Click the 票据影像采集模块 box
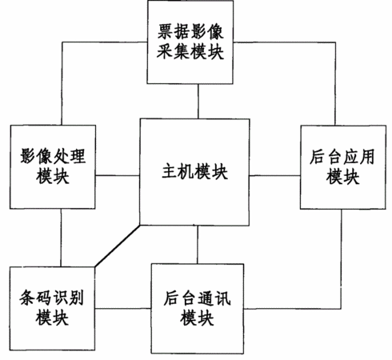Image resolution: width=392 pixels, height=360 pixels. pos(190,42)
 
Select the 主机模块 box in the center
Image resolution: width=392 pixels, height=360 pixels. pos(194,172)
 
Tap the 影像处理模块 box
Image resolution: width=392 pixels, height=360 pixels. pos(53,166)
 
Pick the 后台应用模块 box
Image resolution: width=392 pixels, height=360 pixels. pos(343,167)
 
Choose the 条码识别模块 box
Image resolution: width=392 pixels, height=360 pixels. pos(52,309)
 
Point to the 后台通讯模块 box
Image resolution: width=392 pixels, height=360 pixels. pos(198,309)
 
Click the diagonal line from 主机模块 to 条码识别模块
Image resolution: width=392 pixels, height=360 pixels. pos(118,246)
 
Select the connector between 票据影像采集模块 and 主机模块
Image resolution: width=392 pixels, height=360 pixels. pos(198,102)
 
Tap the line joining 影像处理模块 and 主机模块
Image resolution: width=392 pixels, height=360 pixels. pos(118,175)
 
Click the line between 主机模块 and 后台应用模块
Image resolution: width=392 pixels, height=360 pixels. pos(275,175)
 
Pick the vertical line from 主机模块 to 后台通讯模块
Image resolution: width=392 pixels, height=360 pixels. pos(198,245)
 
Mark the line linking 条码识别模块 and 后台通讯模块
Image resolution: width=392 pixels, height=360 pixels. pos(123,309)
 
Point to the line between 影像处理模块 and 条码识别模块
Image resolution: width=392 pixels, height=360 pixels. pos(61,238)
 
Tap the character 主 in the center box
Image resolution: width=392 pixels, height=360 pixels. pos(170,171)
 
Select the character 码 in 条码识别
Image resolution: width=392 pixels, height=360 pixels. pos(43,298)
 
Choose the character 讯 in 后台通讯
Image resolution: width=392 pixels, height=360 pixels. pos(223,298)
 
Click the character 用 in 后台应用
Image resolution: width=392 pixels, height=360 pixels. pos(367,157)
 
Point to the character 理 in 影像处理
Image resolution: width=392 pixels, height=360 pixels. pos(78,156)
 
